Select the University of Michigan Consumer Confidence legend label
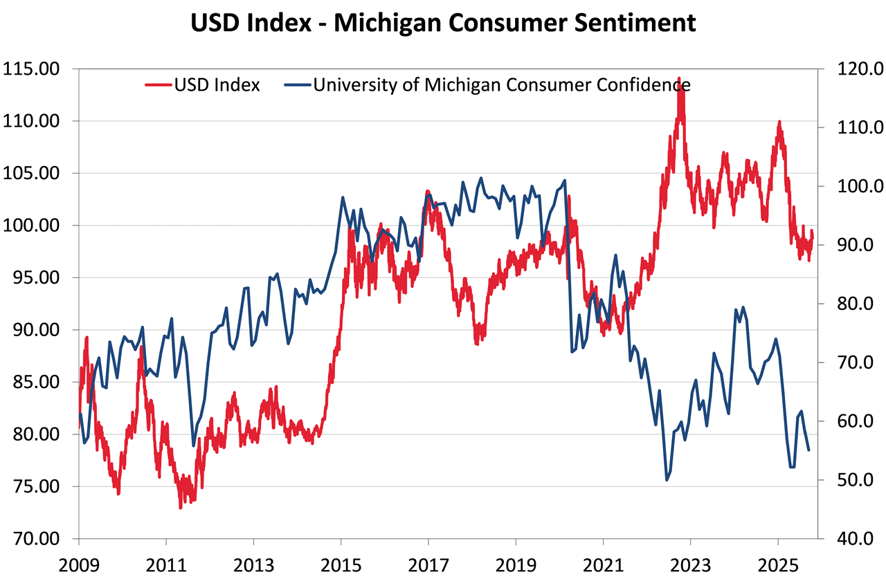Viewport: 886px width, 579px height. [502, 85]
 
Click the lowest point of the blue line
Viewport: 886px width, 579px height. [667, 479]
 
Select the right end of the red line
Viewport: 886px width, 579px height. [812, 231]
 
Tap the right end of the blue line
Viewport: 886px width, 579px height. [809, 450]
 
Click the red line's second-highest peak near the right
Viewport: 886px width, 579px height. [779, 122]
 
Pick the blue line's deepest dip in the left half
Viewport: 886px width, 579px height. [194, 445]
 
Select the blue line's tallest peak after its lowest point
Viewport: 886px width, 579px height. [743, 307]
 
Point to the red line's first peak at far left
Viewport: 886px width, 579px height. [87, 338]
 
